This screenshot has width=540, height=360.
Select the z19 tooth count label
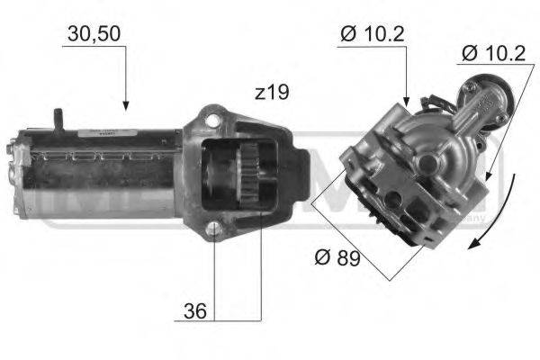click(271, 93)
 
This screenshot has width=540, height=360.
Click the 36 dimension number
click(194, 313)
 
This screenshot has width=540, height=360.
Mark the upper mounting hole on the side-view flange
click(212, 118)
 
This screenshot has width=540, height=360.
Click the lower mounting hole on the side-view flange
click(213, 229)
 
